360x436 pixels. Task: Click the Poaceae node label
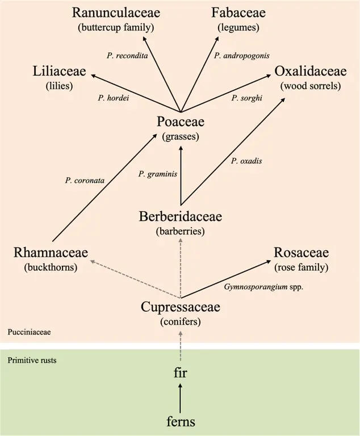(181, 122)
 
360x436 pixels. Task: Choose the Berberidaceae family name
(181, 216)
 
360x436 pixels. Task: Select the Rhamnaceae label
(53, 253)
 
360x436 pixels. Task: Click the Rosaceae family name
(301, 253)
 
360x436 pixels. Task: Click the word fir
(181, 374)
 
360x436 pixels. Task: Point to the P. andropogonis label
(242, 55)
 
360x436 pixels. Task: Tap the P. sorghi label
(245, 98)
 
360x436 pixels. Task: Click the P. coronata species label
(83, 181)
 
